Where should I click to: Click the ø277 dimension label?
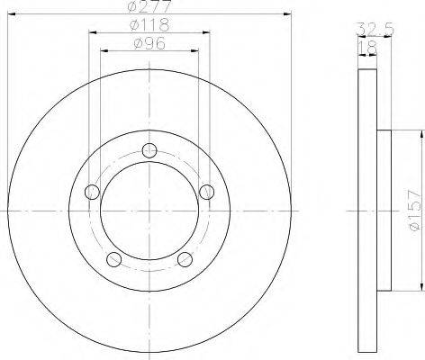coord(149,6)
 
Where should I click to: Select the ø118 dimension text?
coord(149,25)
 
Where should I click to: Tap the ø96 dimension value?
coord(149,44)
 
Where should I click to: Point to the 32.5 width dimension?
coord(375,30)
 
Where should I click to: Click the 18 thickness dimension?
coord(367,48)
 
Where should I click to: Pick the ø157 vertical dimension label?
coord(416,211)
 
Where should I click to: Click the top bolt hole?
coord(149,150)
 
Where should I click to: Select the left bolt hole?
coord(93,192)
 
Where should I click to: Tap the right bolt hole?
coord(206,192)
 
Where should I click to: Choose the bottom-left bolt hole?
coord(114,259)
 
